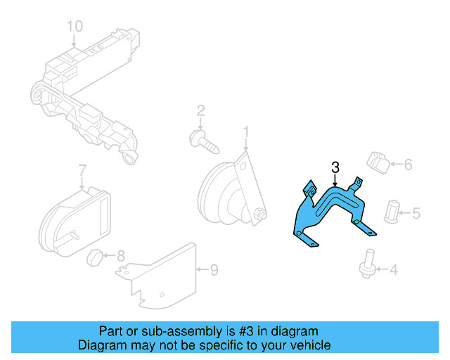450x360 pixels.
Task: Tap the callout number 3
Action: pyautogui.click(x=335, y=167)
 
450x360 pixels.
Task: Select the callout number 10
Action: pyautogui.click(x=75, y=27)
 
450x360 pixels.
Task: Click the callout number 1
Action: pyautogui.click(x=246, y=131)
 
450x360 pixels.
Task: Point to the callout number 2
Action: pyautogui.click(x=200, y=110)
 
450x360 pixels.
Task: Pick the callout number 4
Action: pyautogui.click(x=393, y=269)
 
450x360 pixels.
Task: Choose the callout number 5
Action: pyautogui.click(x=416, y=212)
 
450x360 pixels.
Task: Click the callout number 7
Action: pyautogui.click(x=82, y=170)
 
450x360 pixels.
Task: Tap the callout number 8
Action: pyautogui.click(x=120, y=256)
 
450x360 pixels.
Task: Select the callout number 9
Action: pyautogui.click(x=214, y=269)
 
